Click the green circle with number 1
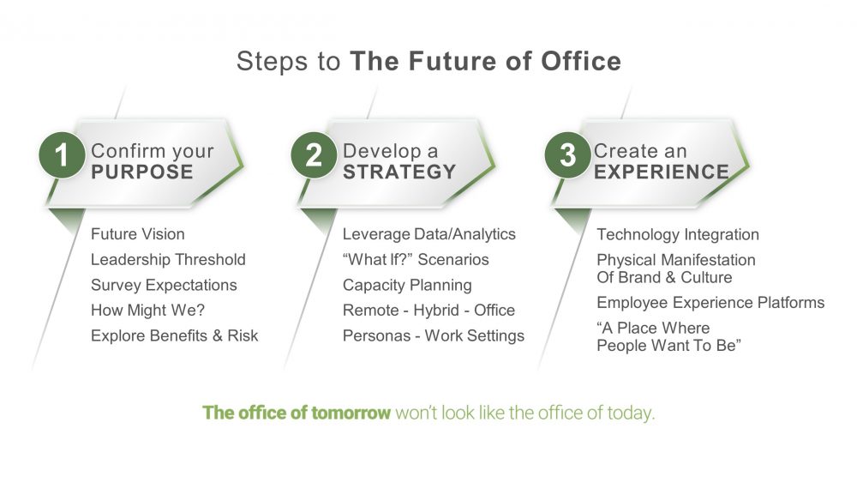(62, 154)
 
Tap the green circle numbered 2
(314, 154)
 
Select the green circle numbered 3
(568, 154)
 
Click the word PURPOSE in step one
(142, 172)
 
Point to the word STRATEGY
(399, 172)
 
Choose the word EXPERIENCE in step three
(662, 172)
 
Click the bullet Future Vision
(138, 234)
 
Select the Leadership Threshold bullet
(168, 260)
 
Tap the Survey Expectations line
(164, 285)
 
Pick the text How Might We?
(147, 311)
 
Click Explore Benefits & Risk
(174, 335)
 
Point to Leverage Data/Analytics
(429, 234)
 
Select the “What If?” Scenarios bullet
(416, 259)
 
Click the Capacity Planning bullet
(407, 285)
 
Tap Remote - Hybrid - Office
(429, 311)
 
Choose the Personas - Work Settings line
(434, 335)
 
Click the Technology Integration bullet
(678, 235)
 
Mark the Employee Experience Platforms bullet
(710, 303)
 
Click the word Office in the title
(581, 61)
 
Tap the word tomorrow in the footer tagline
(344, 413)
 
